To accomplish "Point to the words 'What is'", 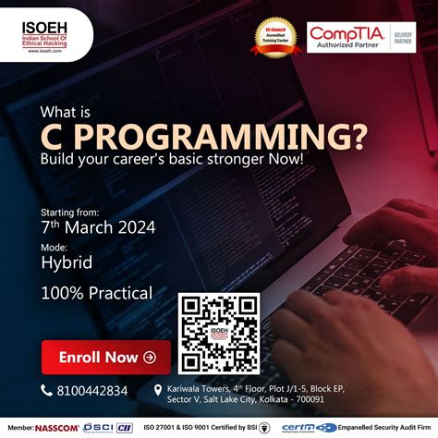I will click(65, 113).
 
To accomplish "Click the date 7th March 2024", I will click(99, 226).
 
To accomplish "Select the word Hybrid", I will click(67, 262).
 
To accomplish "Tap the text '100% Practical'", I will click(97, 294).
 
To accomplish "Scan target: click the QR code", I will click(218, 333).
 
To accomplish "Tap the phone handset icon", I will click(48, 391).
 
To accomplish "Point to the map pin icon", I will click(157, 391).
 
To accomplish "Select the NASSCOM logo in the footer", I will click(57, 429).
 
